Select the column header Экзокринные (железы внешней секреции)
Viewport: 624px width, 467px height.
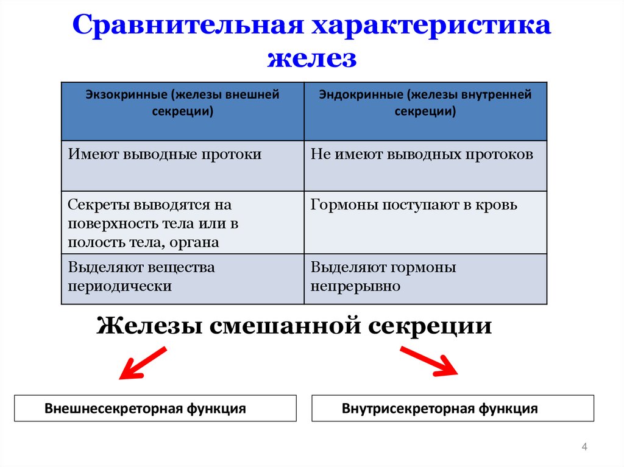tap(183, 103)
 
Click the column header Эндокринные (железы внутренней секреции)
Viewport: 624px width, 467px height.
tap(425, 103)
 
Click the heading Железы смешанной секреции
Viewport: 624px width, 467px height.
tap(294, 325)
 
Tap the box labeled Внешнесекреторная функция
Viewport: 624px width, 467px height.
tap(155, 409)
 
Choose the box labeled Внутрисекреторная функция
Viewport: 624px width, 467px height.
tap(453, 409)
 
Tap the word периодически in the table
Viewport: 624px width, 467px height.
tap(119, 286)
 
